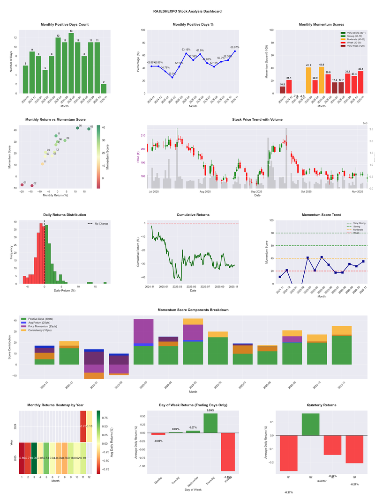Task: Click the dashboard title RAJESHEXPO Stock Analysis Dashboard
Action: pyautogui.click(x=187, y=11)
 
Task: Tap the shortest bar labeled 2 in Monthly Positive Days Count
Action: pyautogui.click(x=104, y=88)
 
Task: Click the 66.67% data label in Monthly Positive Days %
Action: pyautogui.click(x=235, y=47)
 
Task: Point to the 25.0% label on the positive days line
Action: pyautogui.click(x=172, y=73)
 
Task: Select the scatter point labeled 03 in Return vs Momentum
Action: pyautogui.click(x=89, y=129)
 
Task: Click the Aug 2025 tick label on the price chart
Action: pyautogui.click(x=205, y=191)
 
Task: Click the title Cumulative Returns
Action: pyautogui.click(x=193, y=215)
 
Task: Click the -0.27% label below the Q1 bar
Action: pyautogui.click(x=289, y=492)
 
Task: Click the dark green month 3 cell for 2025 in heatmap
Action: pyautogui.click(x=34, y=458)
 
